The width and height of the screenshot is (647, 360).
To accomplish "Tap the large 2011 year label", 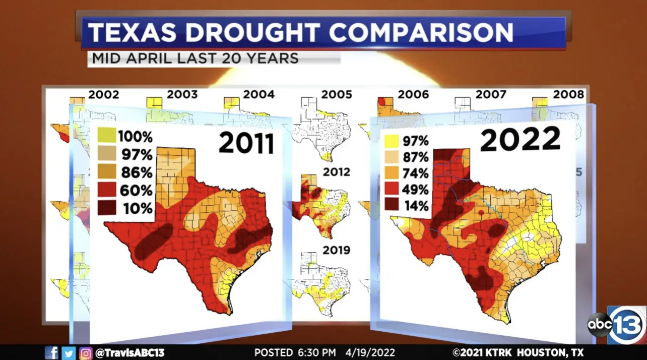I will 246,143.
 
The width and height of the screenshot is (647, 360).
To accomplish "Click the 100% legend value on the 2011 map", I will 135,136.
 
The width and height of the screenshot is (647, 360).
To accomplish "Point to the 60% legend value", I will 137,190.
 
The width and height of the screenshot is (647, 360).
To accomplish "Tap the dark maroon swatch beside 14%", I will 393,205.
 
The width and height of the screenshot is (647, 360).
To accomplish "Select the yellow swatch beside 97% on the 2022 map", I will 393,141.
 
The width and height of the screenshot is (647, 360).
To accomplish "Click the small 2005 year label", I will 337,94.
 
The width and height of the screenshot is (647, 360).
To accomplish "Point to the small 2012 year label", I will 337,172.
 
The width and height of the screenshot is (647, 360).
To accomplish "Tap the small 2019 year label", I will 337,251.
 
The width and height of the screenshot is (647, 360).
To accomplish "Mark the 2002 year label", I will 104,94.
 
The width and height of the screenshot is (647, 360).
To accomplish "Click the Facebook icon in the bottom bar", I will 51,352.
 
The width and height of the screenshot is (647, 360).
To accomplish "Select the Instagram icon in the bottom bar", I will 86,352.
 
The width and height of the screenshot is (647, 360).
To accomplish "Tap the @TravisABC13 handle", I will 130,352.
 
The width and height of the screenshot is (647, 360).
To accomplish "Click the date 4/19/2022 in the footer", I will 370,352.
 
